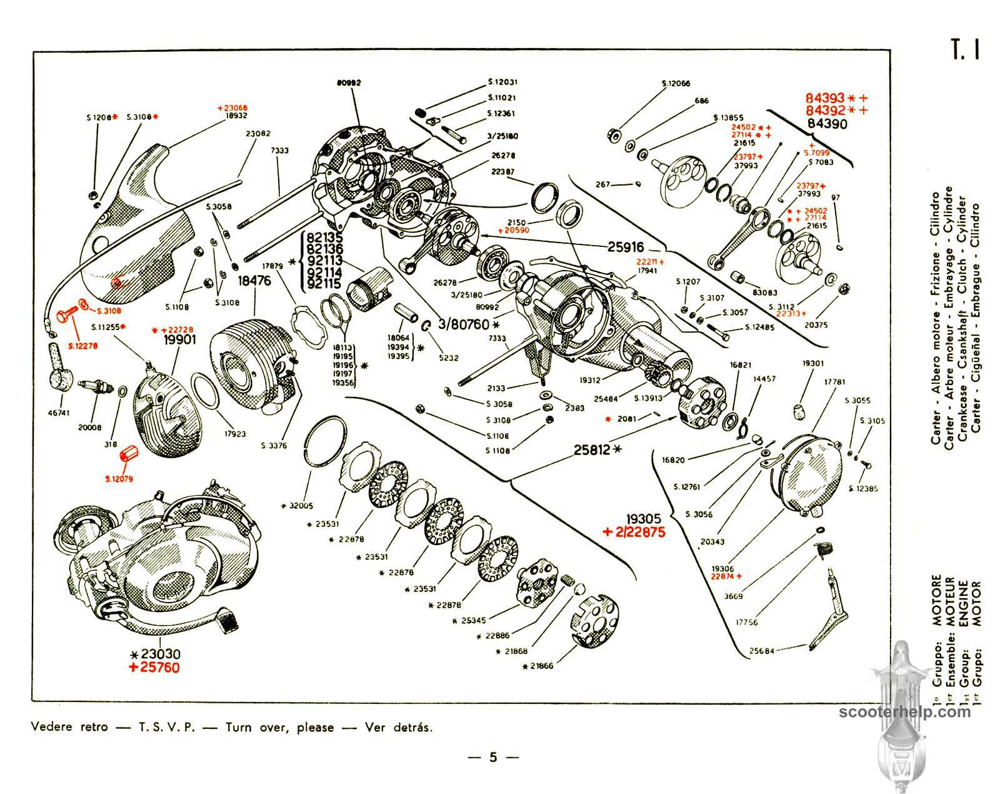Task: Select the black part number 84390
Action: [827, 124]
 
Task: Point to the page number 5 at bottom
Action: [493, 758]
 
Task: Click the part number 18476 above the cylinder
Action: [254, 281]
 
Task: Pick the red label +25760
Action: [155, 668]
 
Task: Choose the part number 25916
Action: [626, 248]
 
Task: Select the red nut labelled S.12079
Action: [131, 452]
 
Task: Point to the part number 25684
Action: [761, 651]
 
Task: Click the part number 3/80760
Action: [463, 325]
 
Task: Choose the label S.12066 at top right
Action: [676, 83]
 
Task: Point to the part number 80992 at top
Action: [349, 83]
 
